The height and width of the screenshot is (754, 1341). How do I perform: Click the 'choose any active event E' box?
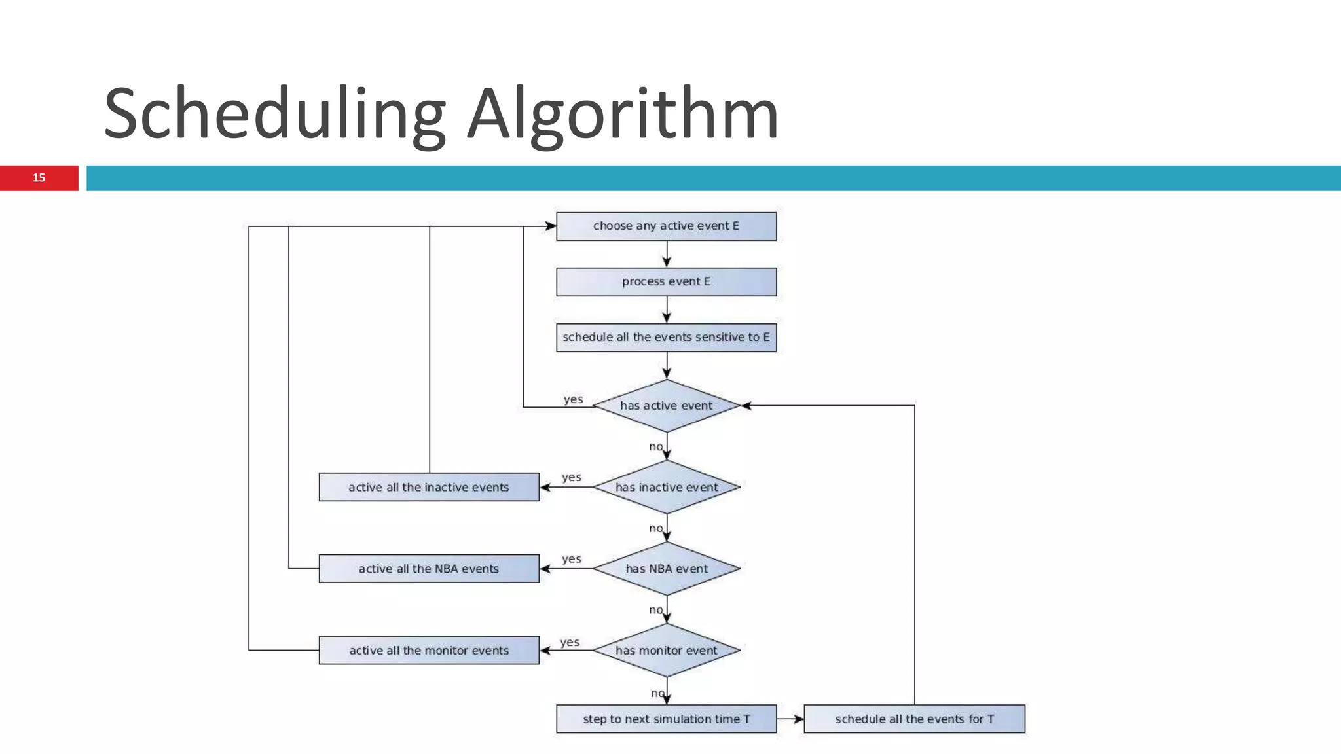(x=666, y=226)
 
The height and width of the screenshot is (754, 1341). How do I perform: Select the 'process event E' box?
(x=666, y=282)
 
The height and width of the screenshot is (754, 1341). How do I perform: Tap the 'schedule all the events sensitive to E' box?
(x=666, y=338)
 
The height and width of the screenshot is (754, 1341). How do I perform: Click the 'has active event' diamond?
(x=666, y=406)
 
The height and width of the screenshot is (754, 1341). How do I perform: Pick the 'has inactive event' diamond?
(x=666, y=487)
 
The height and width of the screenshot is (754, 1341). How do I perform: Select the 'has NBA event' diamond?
(x=666, y=569)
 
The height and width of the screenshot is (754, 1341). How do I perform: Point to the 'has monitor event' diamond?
(x=666, y=651)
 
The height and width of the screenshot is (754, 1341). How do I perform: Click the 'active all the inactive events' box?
(x=429, y=487)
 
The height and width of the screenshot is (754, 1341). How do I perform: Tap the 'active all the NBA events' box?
(x=429, y=569)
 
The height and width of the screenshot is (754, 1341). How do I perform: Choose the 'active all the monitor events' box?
(x=429, y=651)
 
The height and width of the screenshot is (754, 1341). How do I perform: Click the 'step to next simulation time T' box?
(x=666, y=719)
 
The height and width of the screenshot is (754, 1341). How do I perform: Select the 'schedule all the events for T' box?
(x=914, y=719)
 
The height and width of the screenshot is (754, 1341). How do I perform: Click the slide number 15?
(x=39, y=178)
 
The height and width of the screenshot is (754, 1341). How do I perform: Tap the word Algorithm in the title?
(x=622, y=115)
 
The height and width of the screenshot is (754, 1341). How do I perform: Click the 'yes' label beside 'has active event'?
(x=573, y=399)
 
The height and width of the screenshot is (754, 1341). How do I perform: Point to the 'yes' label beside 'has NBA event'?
(x=571, y=559)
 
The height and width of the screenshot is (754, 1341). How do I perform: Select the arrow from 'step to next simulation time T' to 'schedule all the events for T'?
(x=790, y=719)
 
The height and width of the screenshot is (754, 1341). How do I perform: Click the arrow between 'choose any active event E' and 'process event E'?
(x=667, y=254)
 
